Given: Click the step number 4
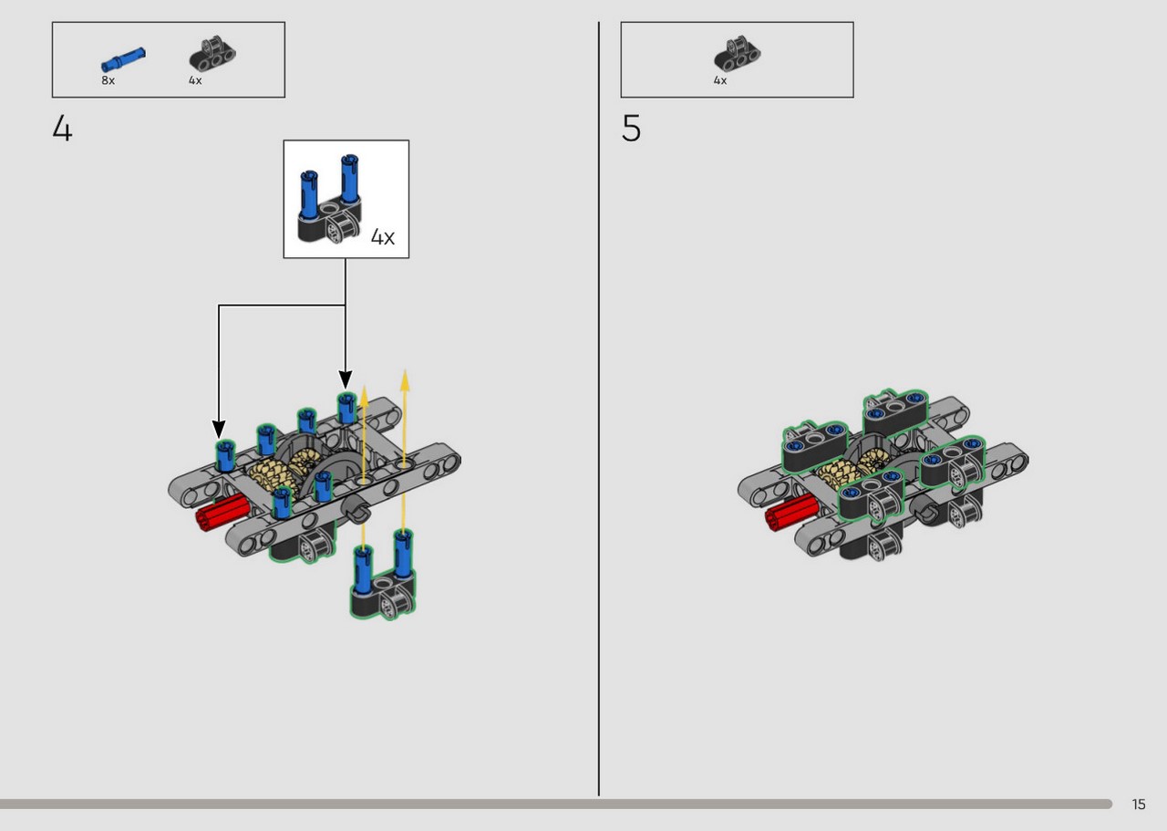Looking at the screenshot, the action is pyautogui.click(x=63, y=129).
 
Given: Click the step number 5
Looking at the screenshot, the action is pyautogui.click(x=631, y=129).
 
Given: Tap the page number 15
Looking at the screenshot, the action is pyautogui.click(x=1139, y=805).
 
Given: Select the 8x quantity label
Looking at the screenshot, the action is pyautogui.click(x=108, y=80).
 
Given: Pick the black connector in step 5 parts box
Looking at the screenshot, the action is pyautogui.click(x=737, y=53).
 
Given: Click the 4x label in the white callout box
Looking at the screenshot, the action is pyautogui.click(x=382, y=237).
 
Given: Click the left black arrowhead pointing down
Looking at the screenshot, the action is pyautogui.click(x=219, y=429).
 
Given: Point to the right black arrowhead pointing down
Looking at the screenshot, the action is pyautogui.click(x=345, y=379).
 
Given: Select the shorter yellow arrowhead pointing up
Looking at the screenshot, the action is pyautogui.click(x=364, y=396).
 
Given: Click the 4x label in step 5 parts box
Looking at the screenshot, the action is pyautogui.click(x=720, y=80).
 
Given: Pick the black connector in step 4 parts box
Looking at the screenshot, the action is pyautogui.click(x=212, y=53).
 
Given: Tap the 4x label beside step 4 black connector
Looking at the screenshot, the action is pyautogui.click(x=195, y=80).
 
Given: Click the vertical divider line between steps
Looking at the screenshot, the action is pyautogui.click(x=599, y=409).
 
